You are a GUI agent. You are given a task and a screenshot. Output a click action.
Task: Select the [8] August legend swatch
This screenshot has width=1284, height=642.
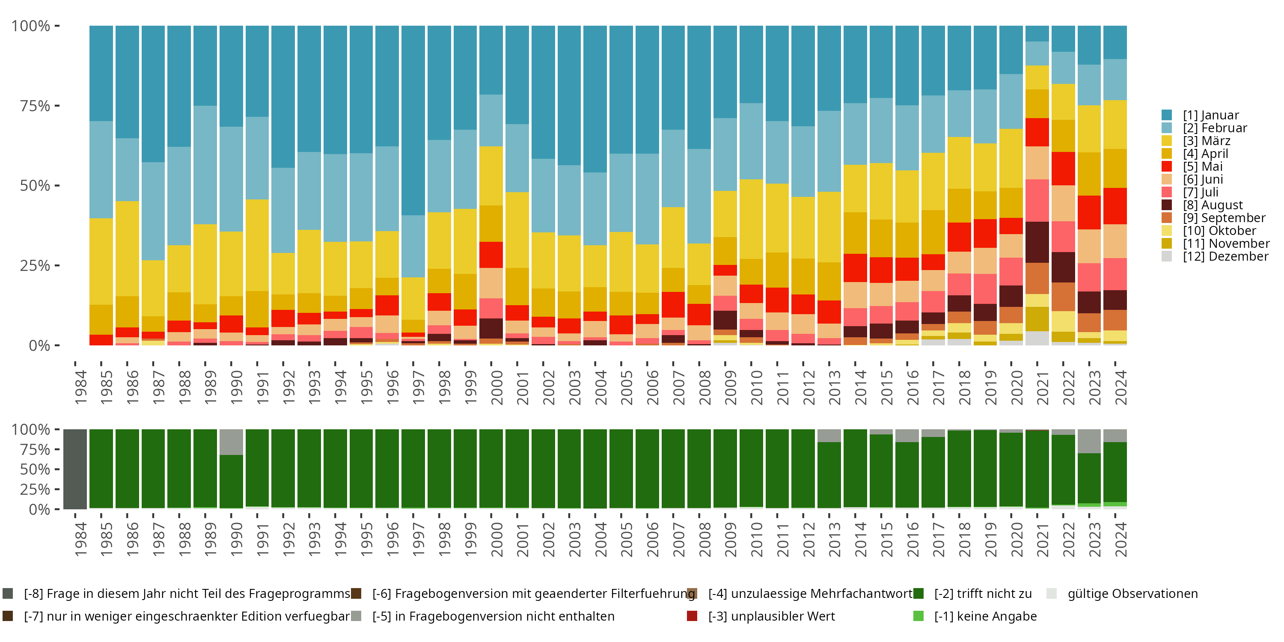pyautogui.click(x=1166, y=205)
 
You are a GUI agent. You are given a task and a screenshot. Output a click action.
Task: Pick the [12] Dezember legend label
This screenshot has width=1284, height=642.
pyautogui.click(x=1225, y=256)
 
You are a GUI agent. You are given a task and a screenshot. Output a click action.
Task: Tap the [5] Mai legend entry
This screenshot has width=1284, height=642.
pyautogui.click(x=1202, y=166)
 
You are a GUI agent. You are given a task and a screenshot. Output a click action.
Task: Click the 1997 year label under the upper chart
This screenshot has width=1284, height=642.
pyautogui.click(x=418, y=387)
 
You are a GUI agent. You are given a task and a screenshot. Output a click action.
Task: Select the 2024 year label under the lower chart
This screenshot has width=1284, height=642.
pyautogui.click(x=1120, y=539)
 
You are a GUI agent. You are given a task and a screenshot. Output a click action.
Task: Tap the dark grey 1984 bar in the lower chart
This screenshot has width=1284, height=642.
pyautogui.click(x=75, y=469)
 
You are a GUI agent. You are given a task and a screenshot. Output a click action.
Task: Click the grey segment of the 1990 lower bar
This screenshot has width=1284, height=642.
pyautogui.click(x=231, y=442)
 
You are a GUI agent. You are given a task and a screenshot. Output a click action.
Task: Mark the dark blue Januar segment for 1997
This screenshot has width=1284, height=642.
pyautogui.click(x=413, y=120)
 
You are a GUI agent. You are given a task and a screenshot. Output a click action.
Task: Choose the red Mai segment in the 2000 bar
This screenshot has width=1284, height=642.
pyautogui.click(x=491, y=255)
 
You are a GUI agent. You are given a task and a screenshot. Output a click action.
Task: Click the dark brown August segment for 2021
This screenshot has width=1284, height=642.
pyautogui.click(x=1037, y=242)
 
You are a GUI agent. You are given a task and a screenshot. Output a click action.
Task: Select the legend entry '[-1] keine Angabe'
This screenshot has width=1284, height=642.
pyautogui.click(x=985, y=616)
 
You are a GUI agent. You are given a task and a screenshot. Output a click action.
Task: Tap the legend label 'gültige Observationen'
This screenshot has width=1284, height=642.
pyautogui.click(x=1132, y=594)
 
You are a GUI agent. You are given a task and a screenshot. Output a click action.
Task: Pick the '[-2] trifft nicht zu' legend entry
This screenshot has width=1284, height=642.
pyautogui.click(x=982, y=594)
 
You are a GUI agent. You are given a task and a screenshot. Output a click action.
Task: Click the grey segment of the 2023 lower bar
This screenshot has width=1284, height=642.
pyautogui.click(x=1089, y=441)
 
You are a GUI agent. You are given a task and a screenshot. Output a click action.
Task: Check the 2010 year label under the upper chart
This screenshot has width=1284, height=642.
pyautogui.click(x=756, y=387)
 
